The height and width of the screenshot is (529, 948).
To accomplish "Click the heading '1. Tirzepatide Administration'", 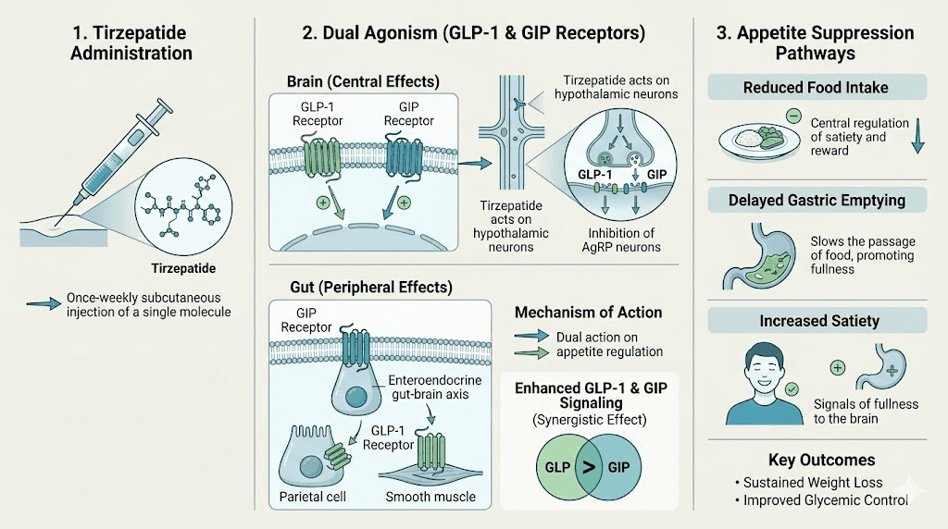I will click(129, 43).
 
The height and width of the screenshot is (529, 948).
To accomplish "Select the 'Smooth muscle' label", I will click(430, 497).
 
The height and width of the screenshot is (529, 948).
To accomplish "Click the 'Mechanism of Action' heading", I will click(588, 312).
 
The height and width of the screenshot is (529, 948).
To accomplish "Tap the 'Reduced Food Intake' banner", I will click(816, 88).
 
